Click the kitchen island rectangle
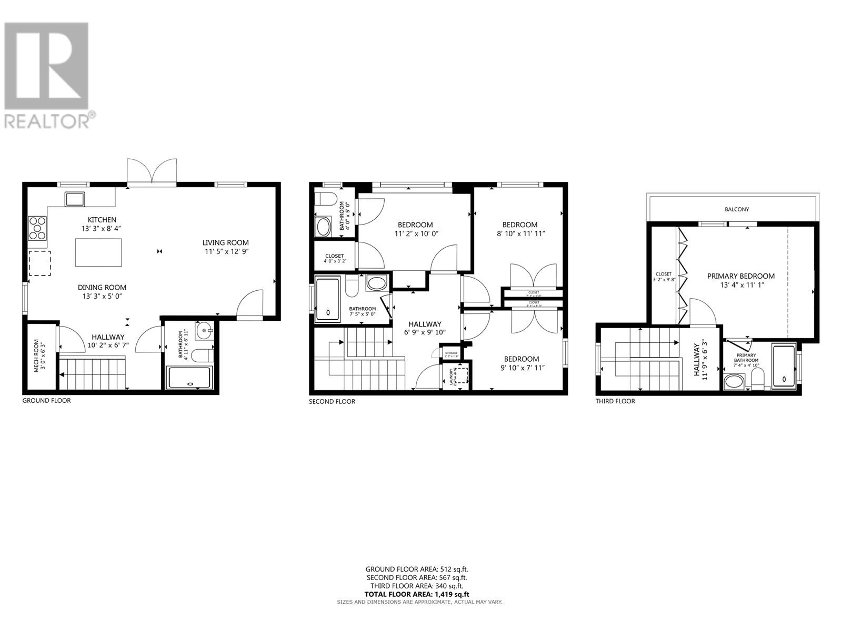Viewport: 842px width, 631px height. [x=98, y=252]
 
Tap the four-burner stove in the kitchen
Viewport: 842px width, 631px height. [x=38, y=228]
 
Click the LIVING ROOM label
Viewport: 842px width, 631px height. [x=225, y=243]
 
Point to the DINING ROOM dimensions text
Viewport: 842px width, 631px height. [x=102, y=297]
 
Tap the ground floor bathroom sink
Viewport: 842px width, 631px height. [x=204, y=331]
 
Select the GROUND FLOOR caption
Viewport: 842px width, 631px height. [x=46, y=401]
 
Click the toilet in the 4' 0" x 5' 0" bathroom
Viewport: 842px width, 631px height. [x=326, y=200]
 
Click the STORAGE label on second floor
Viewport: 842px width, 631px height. [x=452, y=354]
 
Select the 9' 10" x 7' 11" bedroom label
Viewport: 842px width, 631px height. [x=519, y=363]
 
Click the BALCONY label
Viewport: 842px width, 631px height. [x=737, y=209]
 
